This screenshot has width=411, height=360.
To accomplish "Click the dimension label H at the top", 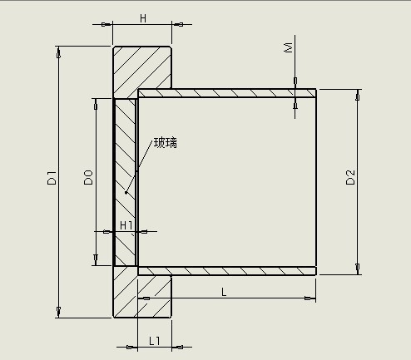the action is [x=143, y=18].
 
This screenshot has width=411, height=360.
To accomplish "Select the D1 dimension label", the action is [x=52, y=178].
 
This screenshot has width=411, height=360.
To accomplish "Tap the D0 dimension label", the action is [x=88, y=178].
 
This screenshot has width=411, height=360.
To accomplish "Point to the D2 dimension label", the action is [x=350, y=177].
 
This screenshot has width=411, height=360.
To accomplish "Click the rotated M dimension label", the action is [x=289, y=47].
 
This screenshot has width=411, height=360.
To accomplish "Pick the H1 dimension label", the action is [x=126, y=225].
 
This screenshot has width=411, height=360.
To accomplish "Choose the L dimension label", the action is [x=224, y=292].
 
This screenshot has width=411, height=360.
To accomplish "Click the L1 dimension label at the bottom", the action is [x=155, y=341].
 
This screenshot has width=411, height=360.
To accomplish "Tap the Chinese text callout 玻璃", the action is [x=166, y=143].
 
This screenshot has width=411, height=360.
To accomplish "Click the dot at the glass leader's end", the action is [x=126, y=193].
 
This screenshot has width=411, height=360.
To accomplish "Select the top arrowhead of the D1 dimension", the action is [x=58, y=52].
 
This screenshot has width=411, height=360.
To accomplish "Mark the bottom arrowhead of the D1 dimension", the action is [x=58, y=312].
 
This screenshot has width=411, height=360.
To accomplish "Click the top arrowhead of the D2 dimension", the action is [x=358, y=95].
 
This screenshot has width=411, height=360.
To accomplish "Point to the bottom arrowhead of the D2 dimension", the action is [x=358, y=269].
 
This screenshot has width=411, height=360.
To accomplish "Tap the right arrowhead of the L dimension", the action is [x=310, y=298].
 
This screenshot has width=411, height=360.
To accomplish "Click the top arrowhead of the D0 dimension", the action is [x=96, y=104].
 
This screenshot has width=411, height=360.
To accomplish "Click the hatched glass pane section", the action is [x=126, y=182].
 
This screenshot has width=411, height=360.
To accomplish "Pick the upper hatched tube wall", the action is [x=227, y=93].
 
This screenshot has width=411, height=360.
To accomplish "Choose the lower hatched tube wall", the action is [x=227, y=271].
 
